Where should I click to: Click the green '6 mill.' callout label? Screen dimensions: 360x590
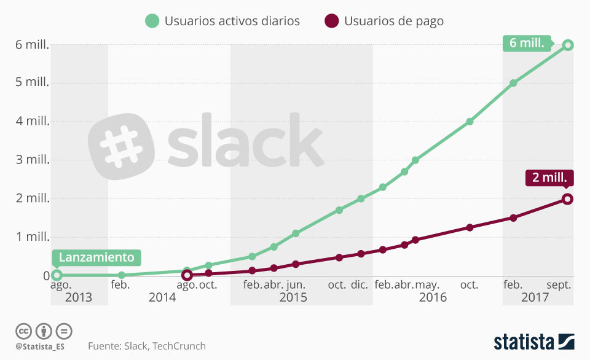point(525,44)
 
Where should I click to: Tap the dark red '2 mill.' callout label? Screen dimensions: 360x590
point(549,178)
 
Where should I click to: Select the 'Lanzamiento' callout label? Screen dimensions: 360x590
point(96,257)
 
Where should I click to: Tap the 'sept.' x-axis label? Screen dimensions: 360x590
point(559,285)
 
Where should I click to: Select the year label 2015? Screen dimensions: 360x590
point(293,298)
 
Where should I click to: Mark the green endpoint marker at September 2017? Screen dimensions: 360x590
point(568,45)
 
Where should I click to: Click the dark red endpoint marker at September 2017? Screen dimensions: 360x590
point(567,198)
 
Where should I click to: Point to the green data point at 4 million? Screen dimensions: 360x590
point(470,122)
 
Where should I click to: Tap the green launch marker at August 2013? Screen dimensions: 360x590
point(57,275)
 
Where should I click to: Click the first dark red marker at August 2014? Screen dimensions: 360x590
point(187,275)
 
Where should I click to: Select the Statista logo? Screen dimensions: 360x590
point(533,342)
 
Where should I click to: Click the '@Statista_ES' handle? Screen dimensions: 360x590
point(40,346)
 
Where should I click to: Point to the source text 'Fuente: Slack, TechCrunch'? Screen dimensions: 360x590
point(147,346)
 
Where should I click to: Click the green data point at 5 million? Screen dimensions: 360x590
point(513,83)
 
